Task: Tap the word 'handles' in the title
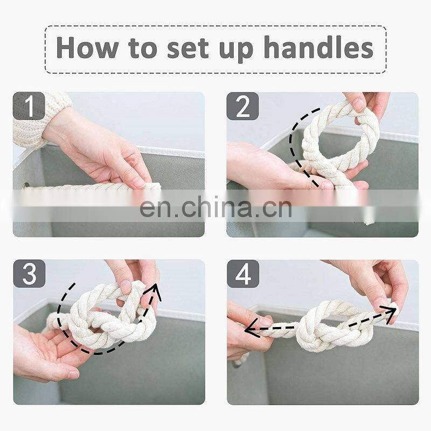[318, 47]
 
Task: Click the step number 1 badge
[29, 106]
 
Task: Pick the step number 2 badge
[242, 106]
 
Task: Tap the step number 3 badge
[29, 274]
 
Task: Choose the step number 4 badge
[243, 274]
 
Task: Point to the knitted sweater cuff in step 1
[38, 118]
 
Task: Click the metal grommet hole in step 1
[25, 186]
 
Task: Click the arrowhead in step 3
[156, 291]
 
